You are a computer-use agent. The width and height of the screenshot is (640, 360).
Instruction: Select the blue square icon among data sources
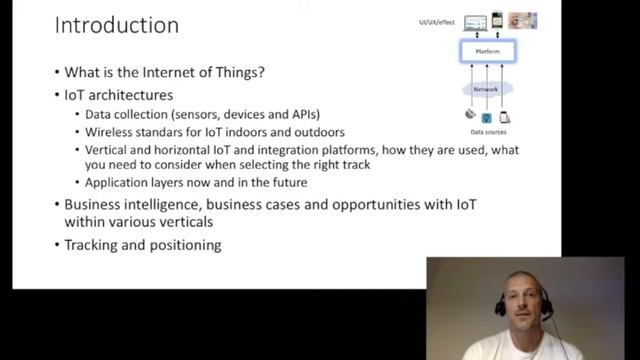(x=487, y=117)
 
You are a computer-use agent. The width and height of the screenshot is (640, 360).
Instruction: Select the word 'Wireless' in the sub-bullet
(x=113, y=132)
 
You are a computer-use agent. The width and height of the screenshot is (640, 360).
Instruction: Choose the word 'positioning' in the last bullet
(x=180, y=244)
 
